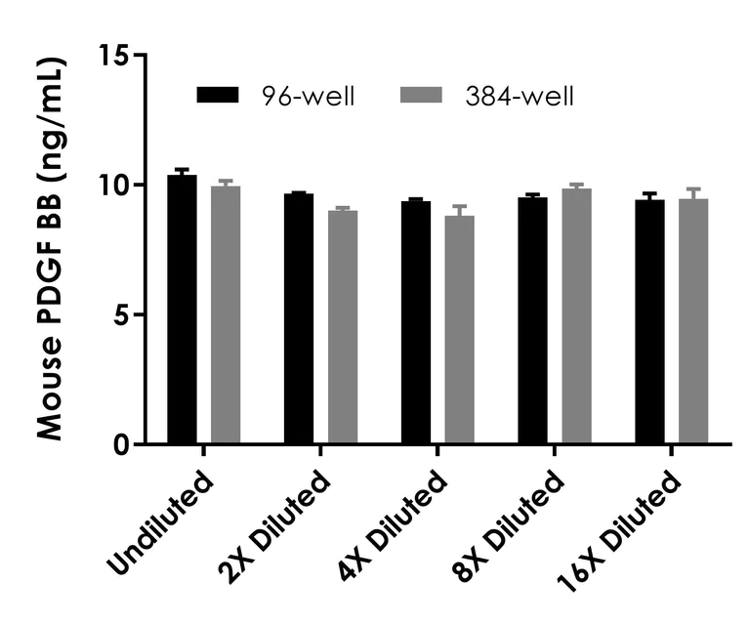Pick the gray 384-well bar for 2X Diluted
click(343, 327)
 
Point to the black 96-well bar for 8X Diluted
click(533, 321)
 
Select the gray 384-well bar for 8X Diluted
click(577, 316)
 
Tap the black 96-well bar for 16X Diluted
click(650, 322)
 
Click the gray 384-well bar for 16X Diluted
click(693, 322)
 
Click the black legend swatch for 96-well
click(218, 95)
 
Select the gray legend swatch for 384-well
click(422, 95)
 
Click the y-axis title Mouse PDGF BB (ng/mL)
click(51, 249)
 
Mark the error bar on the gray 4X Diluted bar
click(460, 209)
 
